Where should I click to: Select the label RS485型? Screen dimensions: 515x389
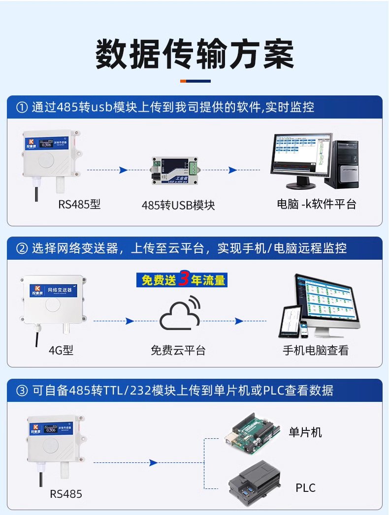[x=79, y=204]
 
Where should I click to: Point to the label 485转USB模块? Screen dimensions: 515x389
[x=178, y=205]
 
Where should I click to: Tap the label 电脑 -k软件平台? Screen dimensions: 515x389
[x=316, y=204]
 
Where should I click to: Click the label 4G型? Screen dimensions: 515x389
[x=61, y=350]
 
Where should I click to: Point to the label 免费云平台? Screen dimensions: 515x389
[x=178, y=350]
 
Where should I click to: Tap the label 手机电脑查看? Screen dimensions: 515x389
[x=316, y=350]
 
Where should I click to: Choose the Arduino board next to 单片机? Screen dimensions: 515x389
[x=252, y=434]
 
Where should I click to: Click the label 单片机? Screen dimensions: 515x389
[x=305, y=432]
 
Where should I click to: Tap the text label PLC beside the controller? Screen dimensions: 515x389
[x=305, y=488]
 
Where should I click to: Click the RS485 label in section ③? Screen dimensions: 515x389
[x=66, y=493]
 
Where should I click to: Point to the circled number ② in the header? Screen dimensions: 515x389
[x=22, y=248]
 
